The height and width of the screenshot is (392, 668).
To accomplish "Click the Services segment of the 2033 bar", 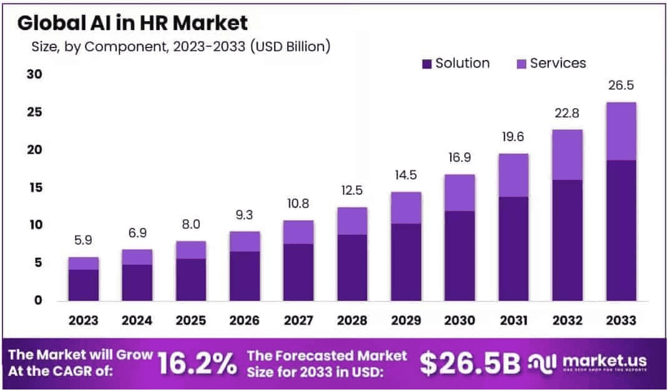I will [621, 131].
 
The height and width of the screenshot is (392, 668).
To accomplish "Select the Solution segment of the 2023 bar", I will [84, 285].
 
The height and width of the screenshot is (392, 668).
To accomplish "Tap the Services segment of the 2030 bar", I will [459, 192].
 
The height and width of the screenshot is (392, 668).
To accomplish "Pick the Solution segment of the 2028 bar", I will [352, 267].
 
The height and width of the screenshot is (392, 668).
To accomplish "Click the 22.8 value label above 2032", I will [567, 113].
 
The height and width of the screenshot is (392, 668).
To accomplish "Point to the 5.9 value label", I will [84, 240].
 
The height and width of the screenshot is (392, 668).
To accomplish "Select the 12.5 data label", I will [352, 190].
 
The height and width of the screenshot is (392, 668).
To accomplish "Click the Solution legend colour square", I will [427, 64].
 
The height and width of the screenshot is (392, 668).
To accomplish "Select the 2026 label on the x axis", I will [245, 320].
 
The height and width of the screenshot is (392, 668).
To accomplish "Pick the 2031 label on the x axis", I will [513, 320].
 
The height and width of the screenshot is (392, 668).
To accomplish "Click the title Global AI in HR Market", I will [132, 23].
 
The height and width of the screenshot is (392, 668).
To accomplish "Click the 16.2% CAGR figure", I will [197, 363].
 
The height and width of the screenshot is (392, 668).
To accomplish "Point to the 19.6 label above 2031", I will [513, 137].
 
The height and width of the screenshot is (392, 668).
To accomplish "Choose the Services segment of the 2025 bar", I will [191, 250].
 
